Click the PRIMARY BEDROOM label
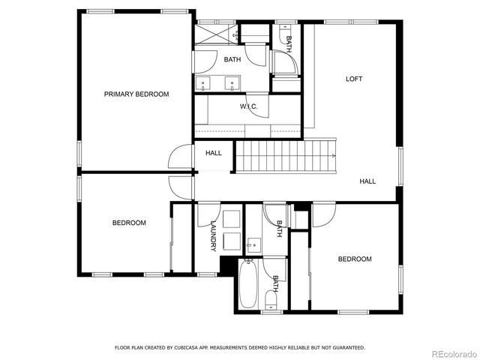(x=136, y=94)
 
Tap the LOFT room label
(x=354, y=79)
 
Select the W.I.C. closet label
(x=249, y=106)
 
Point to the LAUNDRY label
(x=214, y=235)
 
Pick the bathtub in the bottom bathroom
(x=248, y=285)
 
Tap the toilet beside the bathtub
(x=270, y=301)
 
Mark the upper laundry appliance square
(x=232, y=218)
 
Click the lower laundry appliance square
(x=232, y=241)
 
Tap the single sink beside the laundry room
(x=253, y=243)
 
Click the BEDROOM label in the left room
(x=129, y=223)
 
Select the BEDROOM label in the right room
(x=354, y=259)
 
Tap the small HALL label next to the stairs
(x=214, y=153)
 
